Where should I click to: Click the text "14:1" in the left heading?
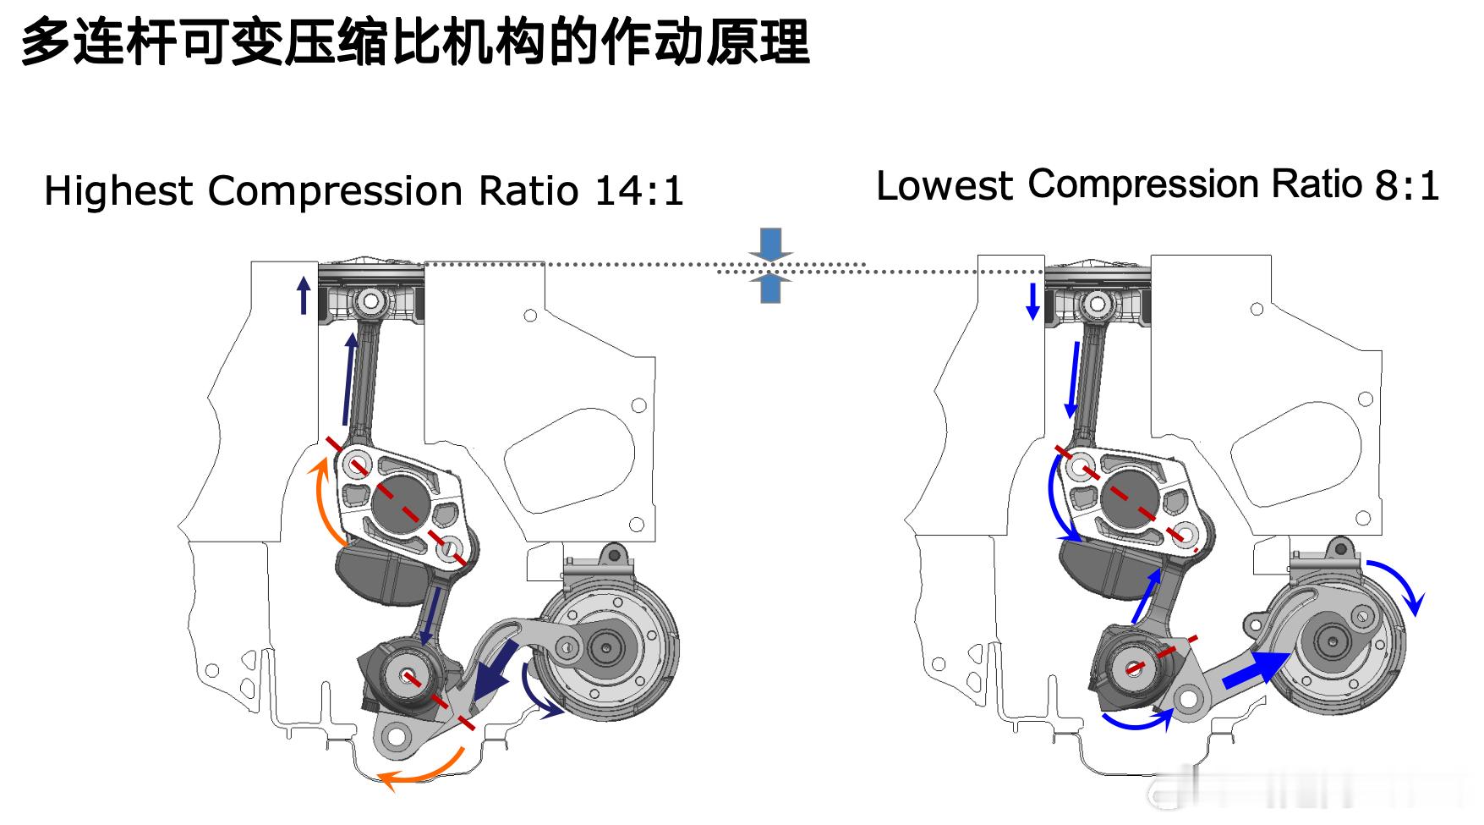pos(638,191)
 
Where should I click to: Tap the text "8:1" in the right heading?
pos(1407,186)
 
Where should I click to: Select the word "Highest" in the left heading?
pos(118,191)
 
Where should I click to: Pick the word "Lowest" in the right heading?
pos(944,186)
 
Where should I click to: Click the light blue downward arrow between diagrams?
pos(770,243)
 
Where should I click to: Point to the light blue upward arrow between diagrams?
pos(770,288)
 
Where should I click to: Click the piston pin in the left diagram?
pos(370,300)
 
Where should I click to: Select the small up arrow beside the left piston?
pos(304,295)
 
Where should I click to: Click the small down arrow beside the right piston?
pos(1032,301)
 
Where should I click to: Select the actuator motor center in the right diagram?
pos(1334,641)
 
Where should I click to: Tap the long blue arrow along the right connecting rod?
pos(1073,379)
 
